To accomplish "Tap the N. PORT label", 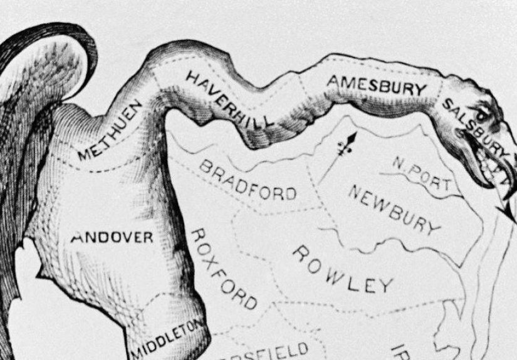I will [x=422, y=175].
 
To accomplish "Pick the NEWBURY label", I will [x=394, y=210].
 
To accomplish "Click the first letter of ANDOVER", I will [x=78, y=237].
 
